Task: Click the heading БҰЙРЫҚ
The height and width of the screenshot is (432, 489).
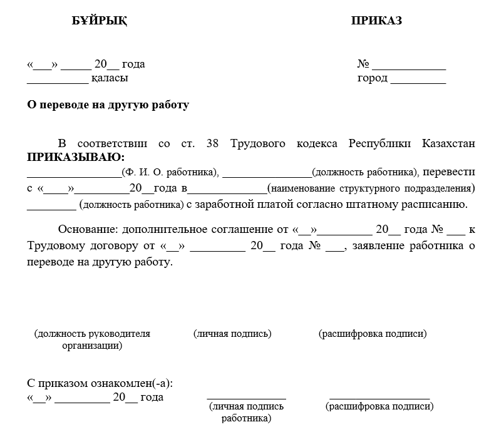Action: pos(100,21)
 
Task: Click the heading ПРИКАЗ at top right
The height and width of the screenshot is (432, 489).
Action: pos(376,21)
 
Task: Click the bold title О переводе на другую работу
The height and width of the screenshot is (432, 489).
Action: pos(108,105)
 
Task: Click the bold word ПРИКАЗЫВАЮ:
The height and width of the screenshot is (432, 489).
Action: pos(75,157)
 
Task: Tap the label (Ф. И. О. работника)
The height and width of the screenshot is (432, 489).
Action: pos(170,172)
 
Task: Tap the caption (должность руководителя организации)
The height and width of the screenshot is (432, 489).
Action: pos(92,339)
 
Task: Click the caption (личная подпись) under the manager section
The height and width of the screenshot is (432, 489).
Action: pos(233,334)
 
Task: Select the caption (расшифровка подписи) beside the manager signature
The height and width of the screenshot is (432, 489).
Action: pos(373,334)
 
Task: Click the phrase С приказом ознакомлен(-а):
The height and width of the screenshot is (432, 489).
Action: pos(100,383)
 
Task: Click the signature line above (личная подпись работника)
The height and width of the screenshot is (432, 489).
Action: pos(246,398)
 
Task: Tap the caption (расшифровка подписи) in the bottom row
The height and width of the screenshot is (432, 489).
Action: pos(379,407)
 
